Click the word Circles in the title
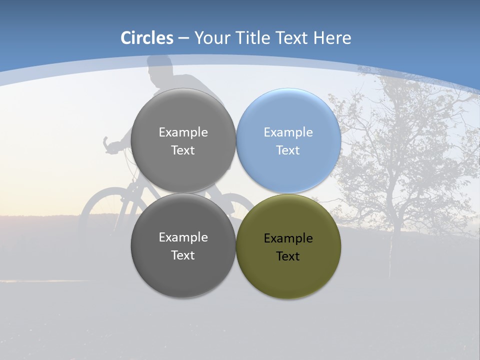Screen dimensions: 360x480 pos(147,38)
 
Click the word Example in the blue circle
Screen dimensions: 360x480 pos(288,132)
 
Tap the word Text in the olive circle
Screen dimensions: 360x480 pos(288,256)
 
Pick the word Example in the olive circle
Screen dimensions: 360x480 pos(288,238)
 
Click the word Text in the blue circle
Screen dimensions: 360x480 pos(288,150)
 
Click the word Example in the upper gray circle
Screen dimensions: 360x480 pos(183,132)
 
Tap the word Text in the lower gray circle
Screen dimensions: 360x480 pos(183,255)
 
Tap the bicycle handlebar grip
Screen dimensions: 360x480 pos(106,143)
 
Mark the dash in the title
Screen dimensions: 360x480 pos(183,38)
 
